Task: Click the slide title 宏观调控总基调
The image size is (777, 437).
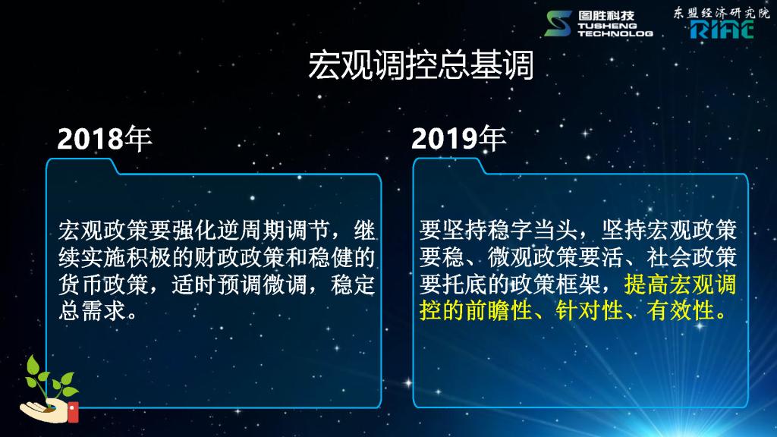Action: pyautogui.click(x=420, y=65)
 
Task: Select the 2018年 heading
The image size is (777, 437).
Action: pyautogui.click(x=105, y=138)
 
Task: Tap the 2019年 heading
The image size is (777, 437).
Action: pyautogui.click(x=458, y=138)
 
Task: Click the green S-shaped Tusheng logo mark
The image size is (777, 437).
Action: pyautogui.click(x=558, y=24)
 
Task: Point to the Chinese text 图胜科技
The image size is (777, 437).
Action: pyautogui.click(x=606, y=16)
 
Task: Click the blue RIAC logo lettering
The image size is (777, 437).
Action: pyautogui.click(x=722, y=30)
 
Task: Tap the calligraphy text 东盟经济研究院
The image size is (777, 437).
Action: pyautogui.click(x=722, y=12)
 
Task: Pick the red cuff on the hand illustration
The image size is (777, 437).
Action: pyautogui.click(x=73, y=412)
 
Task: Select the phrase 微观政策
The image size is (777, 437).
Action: pyautogui.click(x=532, y=258)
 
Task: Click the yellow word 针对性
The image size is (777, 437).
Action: pyautogui.click(x=589, y=312)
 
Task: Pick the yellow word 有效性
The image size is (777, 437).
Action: pyautogui.click(x=681, y=312)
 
